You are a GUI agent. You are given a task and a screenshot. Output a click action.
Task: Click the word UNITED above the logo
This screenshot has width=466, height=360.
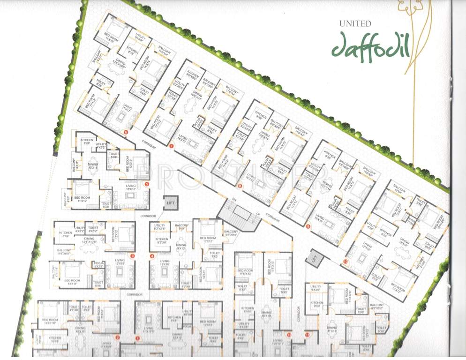(355, 23)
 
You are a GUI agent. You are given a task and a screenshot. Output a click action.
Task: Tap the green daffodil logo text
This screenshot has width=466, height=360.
(371, 45)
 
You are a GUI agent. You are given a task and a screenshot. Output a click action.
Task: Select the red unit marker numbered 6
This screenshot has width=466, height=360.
(126, 132)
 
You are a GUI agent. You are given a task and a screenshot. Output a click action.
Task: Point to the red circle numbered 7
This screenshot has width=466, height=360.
(171, 147)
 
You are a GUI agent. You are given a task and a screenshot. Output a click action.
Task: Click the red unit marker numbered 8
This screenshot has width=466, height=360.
(240, 186)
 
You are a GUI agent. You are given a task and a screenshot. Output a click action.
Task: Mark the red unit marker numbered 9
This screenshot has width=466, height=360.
(308, 226)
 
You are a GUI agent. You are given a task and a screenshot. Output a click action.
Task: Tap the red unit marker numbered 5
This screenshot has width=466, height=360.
(147, 184)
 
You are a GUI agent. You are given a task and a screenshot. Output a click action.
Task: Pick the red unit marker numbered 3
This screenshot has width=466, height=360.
(133, 256)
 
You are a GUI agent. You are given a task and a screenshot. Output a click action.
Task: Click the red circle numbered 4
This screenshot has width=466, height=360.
(152, 256)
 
